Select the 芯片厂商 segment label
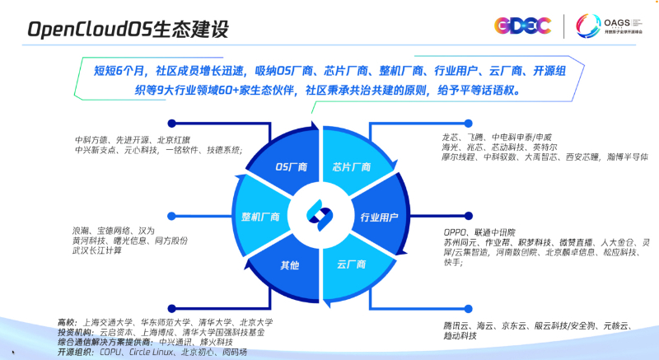[x=349, y=166]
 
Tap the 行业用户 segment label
[x=380, y=217]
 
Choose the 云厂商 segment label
[x=351, y=266]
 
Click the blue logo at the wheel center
[x=320, y=213]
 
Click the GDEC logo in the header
[x=516, y=26]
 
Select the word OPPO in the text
[x=456, y=233]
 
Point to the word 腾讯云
[x=456, y=327]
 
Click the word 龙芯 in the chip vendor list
[x=451, y=137]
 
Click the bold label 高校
[x=66, y=322]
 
